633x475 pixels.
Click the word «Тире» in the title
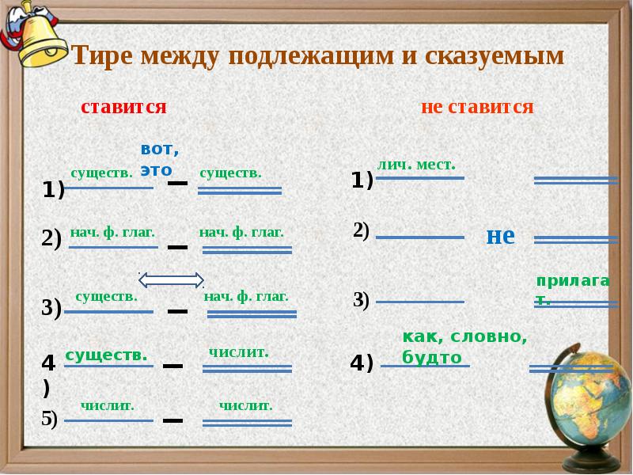click(x=103, y=56)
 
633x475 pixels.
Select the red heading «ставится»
click(x=123, y=107)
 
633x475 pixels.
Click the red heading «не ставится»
click(x=477, y=107)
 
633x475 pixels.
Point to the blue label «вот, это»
click(x=159, y=159)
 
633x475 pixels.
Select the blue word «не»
click(x=500, y=235)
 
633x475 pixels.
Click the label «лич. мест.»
click(x=417, y=165)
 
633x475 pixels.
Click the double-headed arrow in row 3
click(x=172, y=279)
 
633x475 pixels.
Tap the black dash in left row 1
click(x=177, y=184)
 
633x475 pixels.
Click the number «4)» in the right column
click(x=362, y=363)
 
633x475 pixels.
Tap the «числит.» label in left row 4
click(x=239, y=352)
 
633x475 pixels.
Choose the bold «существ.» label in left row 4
click(x=107, y=355)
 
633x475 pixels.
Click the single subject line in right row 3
click(x=419, y=302)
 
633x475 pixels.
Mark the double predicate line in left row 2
click(x=248, y=250)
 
